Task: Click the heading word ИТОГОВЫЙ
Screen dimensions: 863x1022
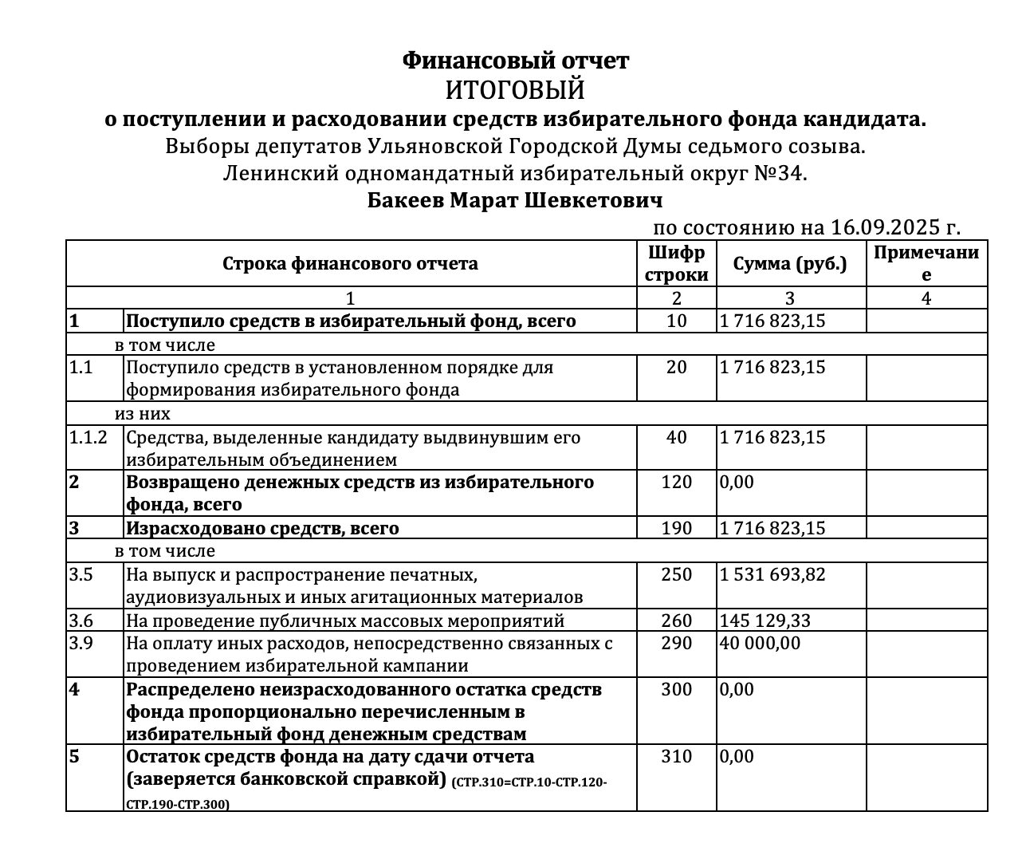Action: pos(515,89)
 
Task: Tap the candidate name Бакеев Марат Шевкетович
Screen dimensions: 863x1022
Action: pos(515,199)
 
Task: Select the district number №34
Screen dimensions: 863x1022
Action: pos(781,173)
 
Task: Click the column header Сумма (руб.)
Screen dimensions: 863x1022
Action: pos(790,264)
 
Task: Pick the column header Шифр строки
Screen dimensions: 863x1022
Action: pos(677,264)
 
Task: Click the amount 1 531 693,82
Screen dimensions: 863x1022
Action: pos(772,574)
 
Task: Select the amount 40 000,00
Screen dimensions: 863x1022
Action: pos(760,643)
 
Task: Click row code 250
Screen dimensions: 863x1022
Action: pos(677,574)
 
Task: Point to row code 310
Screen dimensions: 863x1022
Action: pos(677,756)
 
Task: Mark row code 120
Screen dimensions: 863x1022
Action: pos(677,482)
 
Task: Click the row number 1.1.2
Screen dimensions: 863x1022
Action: pos(88,437)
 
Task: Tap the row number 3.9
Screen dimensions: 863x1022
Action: pos(81,643)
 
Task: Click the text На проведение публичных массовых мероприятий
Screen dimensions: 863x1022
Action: pos(345,621)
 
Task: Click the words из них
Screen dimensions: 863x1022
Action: pos(143,414)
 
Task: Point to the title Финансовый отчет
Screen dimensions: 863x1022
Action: pos(515,61)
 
